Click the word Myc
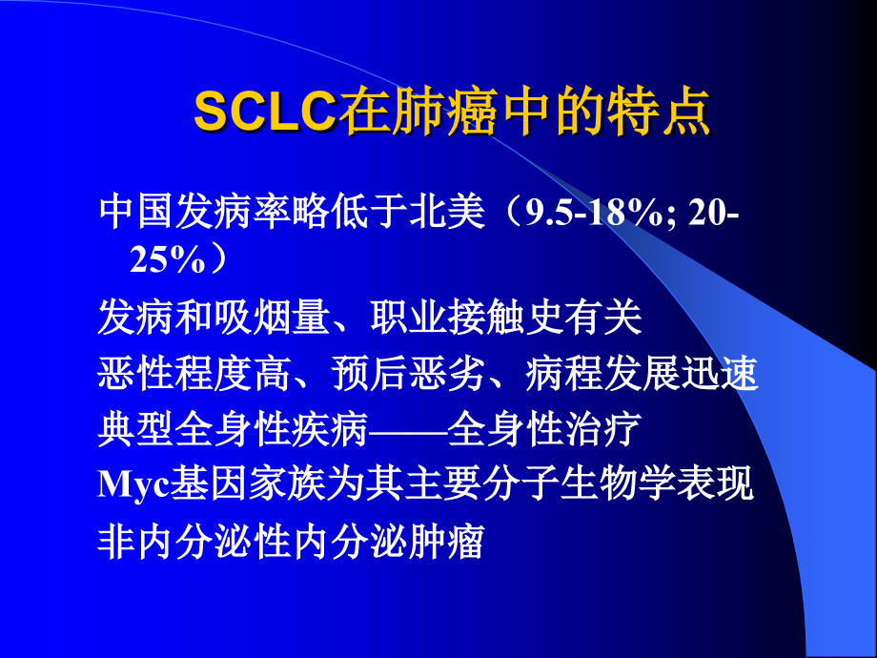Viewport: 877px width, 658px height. pos(133,486)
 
